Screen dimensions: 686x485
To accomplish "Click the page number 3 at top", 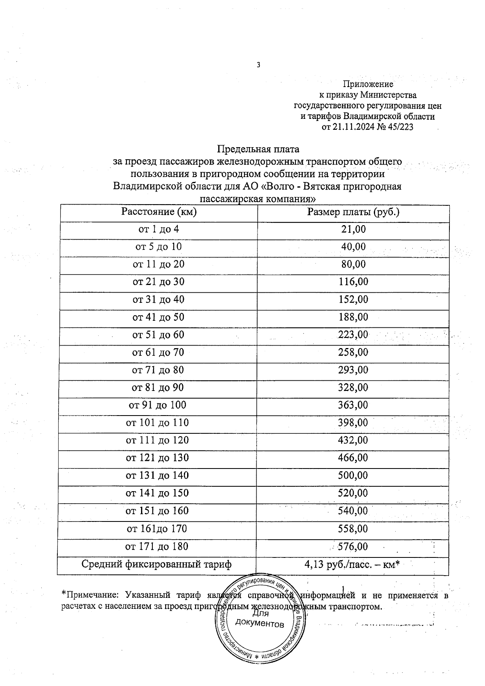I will [x=258, y=65].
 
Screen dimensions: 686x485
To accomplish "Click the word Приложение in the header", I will [x=368, y=84].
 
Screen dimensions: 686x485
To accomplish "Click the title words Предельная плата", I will [x=258, y=149].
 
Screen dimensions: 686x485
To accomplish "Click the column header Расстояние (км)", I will [x=159, y=212].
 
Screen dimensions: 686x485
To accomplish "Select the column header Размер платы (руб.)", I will [x=353, y=212].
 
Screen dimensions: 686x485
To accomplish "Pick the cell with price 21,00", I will [x=353, y=229].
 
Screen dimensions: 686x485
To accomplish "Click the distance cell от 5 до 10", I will [x=158, y=247].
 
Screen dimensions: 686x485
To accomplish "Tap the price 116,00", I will [x=353, y=282].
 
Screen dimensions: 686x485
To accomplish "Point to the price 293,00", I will [x=353, y=370].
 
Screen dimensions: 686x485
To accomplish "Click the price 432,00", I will [x=353, y=440].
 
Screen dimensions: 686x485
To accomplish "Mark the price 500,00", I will [x=353, y=475].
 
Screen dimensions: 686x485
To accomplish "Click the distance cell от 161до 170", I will [x=157, y=529].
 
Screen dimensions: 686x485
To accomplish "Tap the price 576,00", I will [x=353, y=547].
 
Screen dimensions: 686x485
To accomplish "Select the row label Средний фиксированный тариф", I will [x=156, y=564].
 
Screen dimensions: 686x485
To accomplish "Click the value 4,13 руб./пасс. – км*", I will [x=352, y=564].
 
